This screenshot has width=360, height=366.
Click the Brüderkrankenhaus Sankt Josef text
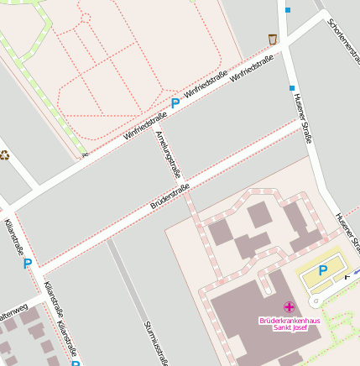click(290, 323)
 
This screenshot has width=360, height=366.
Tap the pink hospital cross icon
click(290, 307)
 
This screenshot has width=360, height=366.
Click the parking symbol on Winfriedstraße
click(175, 103)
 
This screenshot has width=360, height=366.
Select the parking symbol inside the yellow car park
click(323, 271)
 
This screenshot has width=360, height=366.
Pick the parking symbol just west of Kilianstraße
click(27, 263)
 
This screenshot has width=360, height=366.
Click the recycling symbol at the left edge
click(4, 154)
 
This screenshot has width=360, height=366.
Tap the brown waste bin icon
click(272, 39)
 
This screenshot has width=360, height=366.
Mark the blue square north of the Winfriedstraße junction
click(288, 11)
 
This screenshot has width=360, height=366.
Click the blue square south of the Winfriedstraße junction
click(292, 87)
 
